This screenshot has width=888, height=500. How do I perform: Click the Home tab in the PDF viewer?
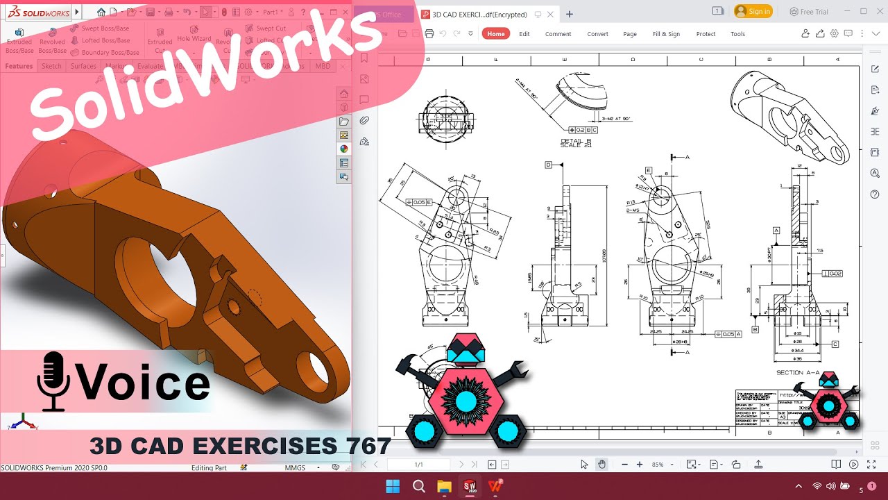click(x=495, y=34)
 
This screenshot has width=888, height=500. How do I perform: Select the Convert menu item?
click(x=597, y=34)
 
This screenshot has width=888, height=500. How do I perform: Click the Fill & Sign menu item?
click(x=666, y=34)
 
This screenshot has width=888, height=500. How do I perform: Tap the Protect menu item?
click(x=706, y=34)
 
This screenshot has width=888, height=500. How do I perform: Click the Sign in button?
click(x=753, y=11)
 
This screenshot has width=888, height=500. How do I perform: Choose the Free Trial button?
click(x=809, y=11)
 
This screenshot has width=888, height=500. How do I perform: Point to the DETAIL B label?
click(x=575, y=142)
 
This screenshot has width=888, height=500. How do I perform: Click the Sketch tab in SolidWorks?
click(x=51, y=66)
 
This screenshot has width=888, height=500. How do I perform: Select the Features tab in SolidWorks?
click(x=19, y=66)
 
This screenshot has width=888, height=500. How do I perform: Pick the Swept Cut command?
click(x=271, y=28)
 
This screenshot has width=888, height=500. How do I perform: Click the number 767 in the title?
click(x=364, y=446)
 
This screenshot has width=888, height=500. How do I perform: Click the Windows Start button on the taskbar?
click(x=393, y=486)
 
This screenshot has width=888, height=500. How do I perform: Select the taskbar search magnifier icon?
click(x=418, y=486)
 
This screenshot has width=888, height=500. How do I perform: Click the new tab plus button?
click(x=570, y=14)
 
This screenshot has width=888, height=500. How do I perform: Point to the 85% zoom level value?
click(x=657, y=464)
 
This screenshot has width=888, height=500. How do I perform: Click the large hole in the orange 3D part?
click(x=156, y=278)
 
